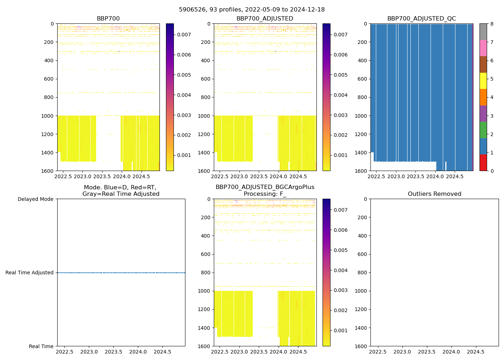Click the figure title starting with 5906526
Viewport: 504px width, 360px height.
click(x=252, y=10)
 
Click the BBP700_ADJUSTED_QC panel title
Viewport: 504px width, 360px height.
click(x=421, y=19)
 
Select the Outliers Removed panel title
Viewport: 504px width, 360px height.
click(x=434, y=194)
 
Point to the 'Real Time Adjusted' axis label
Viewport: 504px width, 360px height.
click(x=29, y=273)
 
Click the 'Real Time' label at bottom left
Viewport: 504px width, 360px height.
click(x=41, y=346)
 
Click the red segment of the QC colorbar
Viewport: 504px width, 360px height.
click(x=483, y=163)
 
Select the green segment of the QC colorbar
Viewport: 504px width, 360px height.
click(x=483, y=130)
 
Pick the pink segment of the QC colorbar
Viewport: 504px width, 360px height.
click(x=483, y=48)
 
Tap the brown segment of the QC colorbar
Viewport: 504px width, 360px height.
click(x=483, y=64)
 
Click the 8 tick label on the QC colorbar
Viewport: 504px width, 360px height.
click(x=492, y=24)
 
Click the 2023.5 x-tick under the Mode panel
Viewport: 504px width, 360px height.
click(x=113, y=352)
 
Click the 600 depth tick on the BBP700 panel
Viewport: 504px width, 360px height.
click(x=49, y=79)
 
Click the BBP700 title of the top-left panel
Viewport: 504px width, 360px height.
click(x=108, y=19)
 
